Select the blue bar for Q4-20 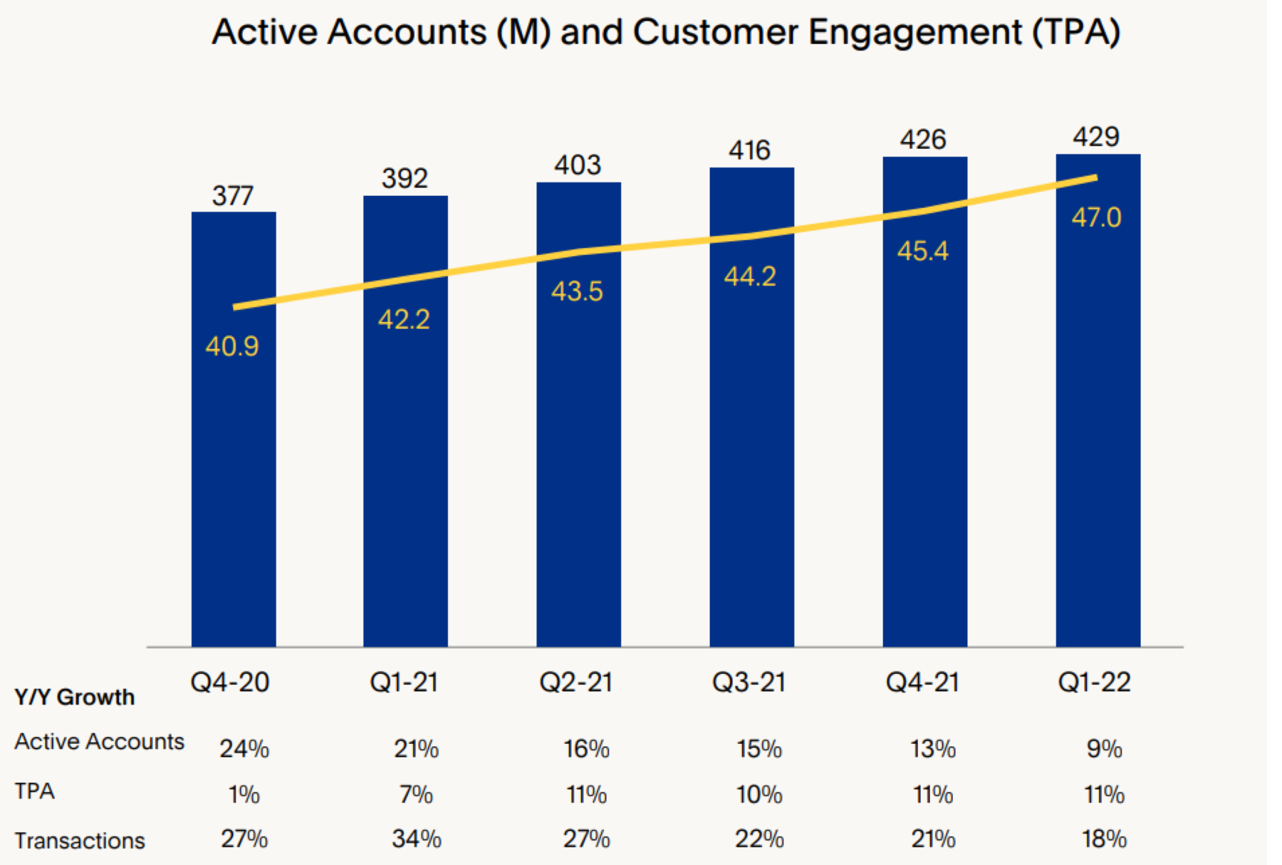point(234,463)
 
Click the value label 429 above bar point(1096,136)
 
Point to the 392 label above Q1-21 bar point(405,178)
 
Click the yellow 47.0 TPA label point(1096,217)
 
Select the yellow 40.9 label point(232,346)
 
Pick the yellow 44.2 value point(750,276)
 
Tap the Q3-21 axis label point(749,683)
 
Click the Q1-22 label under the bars point(1094,683)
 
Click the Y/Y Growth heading point(75,697)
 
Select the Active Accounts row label point(99,742)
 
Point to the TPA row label point(34,791)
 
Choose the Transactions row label point(80,841)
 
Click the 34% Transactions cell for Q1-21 point(417,839)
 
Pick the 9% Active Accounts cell point(1104,749)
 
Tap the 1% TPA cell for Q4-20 point(244,794)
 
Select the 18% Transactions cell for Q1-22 point(1104,839)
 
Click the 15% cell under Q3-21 point(759,749)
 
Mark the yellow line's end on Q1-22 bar point(1095,177)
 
